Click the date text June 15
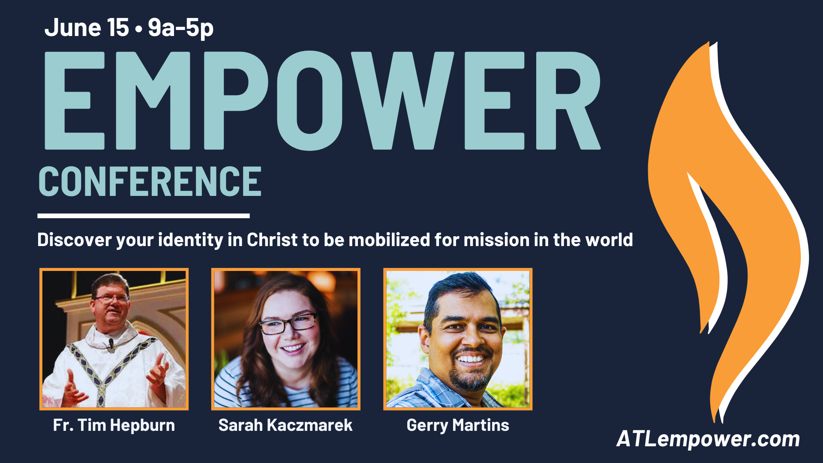(87, 27)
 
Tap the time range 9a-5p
(180, 28)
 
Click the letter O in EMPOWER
(309, 101)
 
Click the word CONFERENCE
(150, 182)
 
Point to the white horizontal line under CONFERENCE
(144, 216)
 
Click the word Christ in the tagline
(272, 240)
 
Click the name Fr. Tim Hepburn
(114, 425)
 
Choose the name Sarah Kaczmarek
(285, 425)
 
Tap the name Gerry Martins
(458, 425)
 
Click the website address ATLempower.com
(708, 439)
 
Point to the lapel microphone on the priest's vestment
(111, 343)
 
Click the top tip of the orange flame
(709, 42)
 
